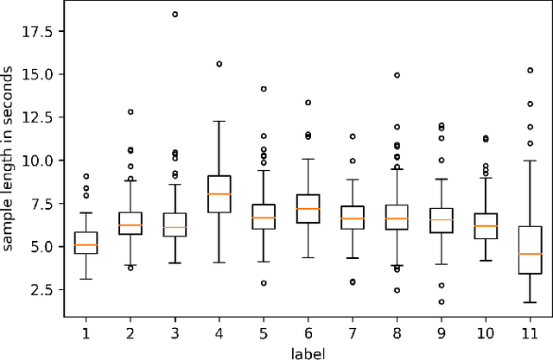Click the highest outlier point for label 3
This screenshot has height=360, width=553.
pyautogui.click(x=175, y=15)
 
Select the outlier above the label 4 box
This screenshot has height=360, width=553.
pyautogui.click(x=219, y=64)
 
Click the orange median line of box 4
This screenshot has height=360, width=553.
pyautogui.click(x=219, y=193)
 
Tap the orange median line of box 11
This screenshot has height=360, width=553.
pyautogui.click(x=531, y=254)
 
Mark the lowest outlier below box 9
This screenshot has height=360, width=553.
pyautogui.click(x=442, y=302)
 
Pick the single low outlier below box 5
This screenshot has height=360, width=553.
pyautogui.click(x=264, y=283)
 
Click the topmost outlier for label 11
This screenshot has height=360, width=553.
pyautogui.click(x=531, y=70)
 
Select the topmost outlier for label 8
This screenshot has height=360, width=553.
pyautogui.click(x=397, y=75)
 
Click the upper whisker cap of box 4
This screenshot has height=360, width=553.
pyautogui.click(x=219, y=121)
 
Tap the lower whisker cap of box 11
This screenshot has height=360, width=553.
pyautogui.click(x=531, y=302)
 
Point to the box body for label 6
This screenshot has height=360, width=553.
pyautogui.click(x=308, y=209)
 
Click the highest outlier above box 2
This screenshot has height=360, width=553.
pyautogui.click(x=130, y=111)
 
